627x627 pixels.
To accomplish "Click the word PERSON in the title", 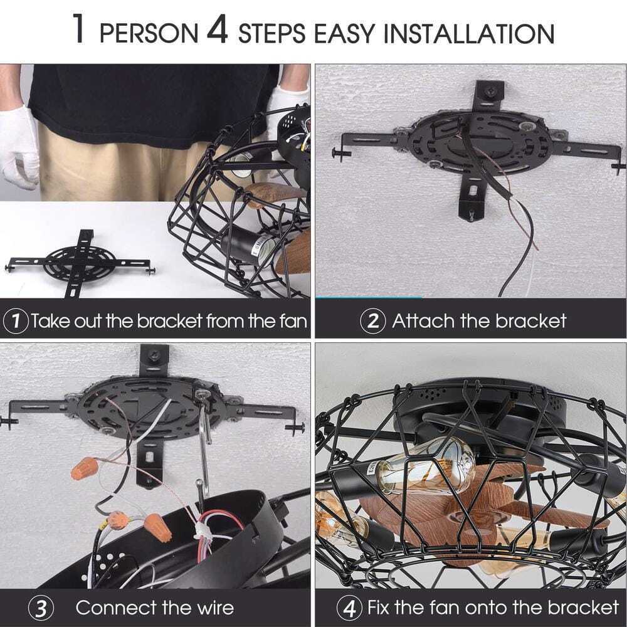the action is pos(149,33).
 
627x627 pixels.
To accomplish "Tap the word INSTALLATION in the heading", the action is pos(469,33).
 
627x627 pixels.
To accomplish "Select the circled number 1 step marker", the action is pos(16,320).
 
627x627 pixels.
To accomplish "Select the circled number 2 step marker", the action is pos(372,320).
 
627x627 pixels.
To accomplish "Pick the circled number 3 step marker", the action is pos(41,608).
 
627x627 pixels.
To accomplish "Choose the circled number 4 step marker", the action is pos(350,608).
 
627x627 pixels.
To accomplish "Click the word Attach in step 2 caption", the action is pos(423,320).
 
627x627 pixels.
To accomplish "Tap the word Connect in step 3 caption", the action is pos(115,608).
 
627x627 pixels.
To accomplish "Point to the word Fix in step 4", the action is pos(379,608).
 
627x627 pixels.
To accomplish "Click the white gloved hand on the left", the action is pos(19,146).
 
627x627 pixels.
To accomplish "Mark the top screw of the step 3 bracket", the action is pos(154,356).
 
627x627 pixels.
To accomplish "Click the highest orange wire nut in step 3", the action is pos(85,469).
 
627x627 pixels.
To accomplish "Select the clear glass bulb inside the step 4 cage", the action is pos(425,465).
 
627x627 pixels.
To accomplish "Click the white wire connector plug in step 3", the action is pos(203,534).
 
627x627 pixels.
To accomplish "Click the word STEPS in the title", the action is pos(272,33).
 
